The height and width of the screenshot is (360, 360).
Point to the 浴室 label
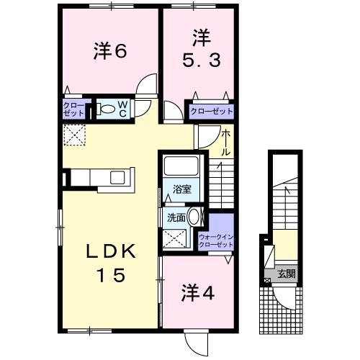181,190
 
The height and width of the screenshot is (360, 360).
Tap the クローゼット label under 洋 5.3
211,112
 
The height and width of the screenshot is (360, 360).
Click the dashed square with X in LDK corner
73,135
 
